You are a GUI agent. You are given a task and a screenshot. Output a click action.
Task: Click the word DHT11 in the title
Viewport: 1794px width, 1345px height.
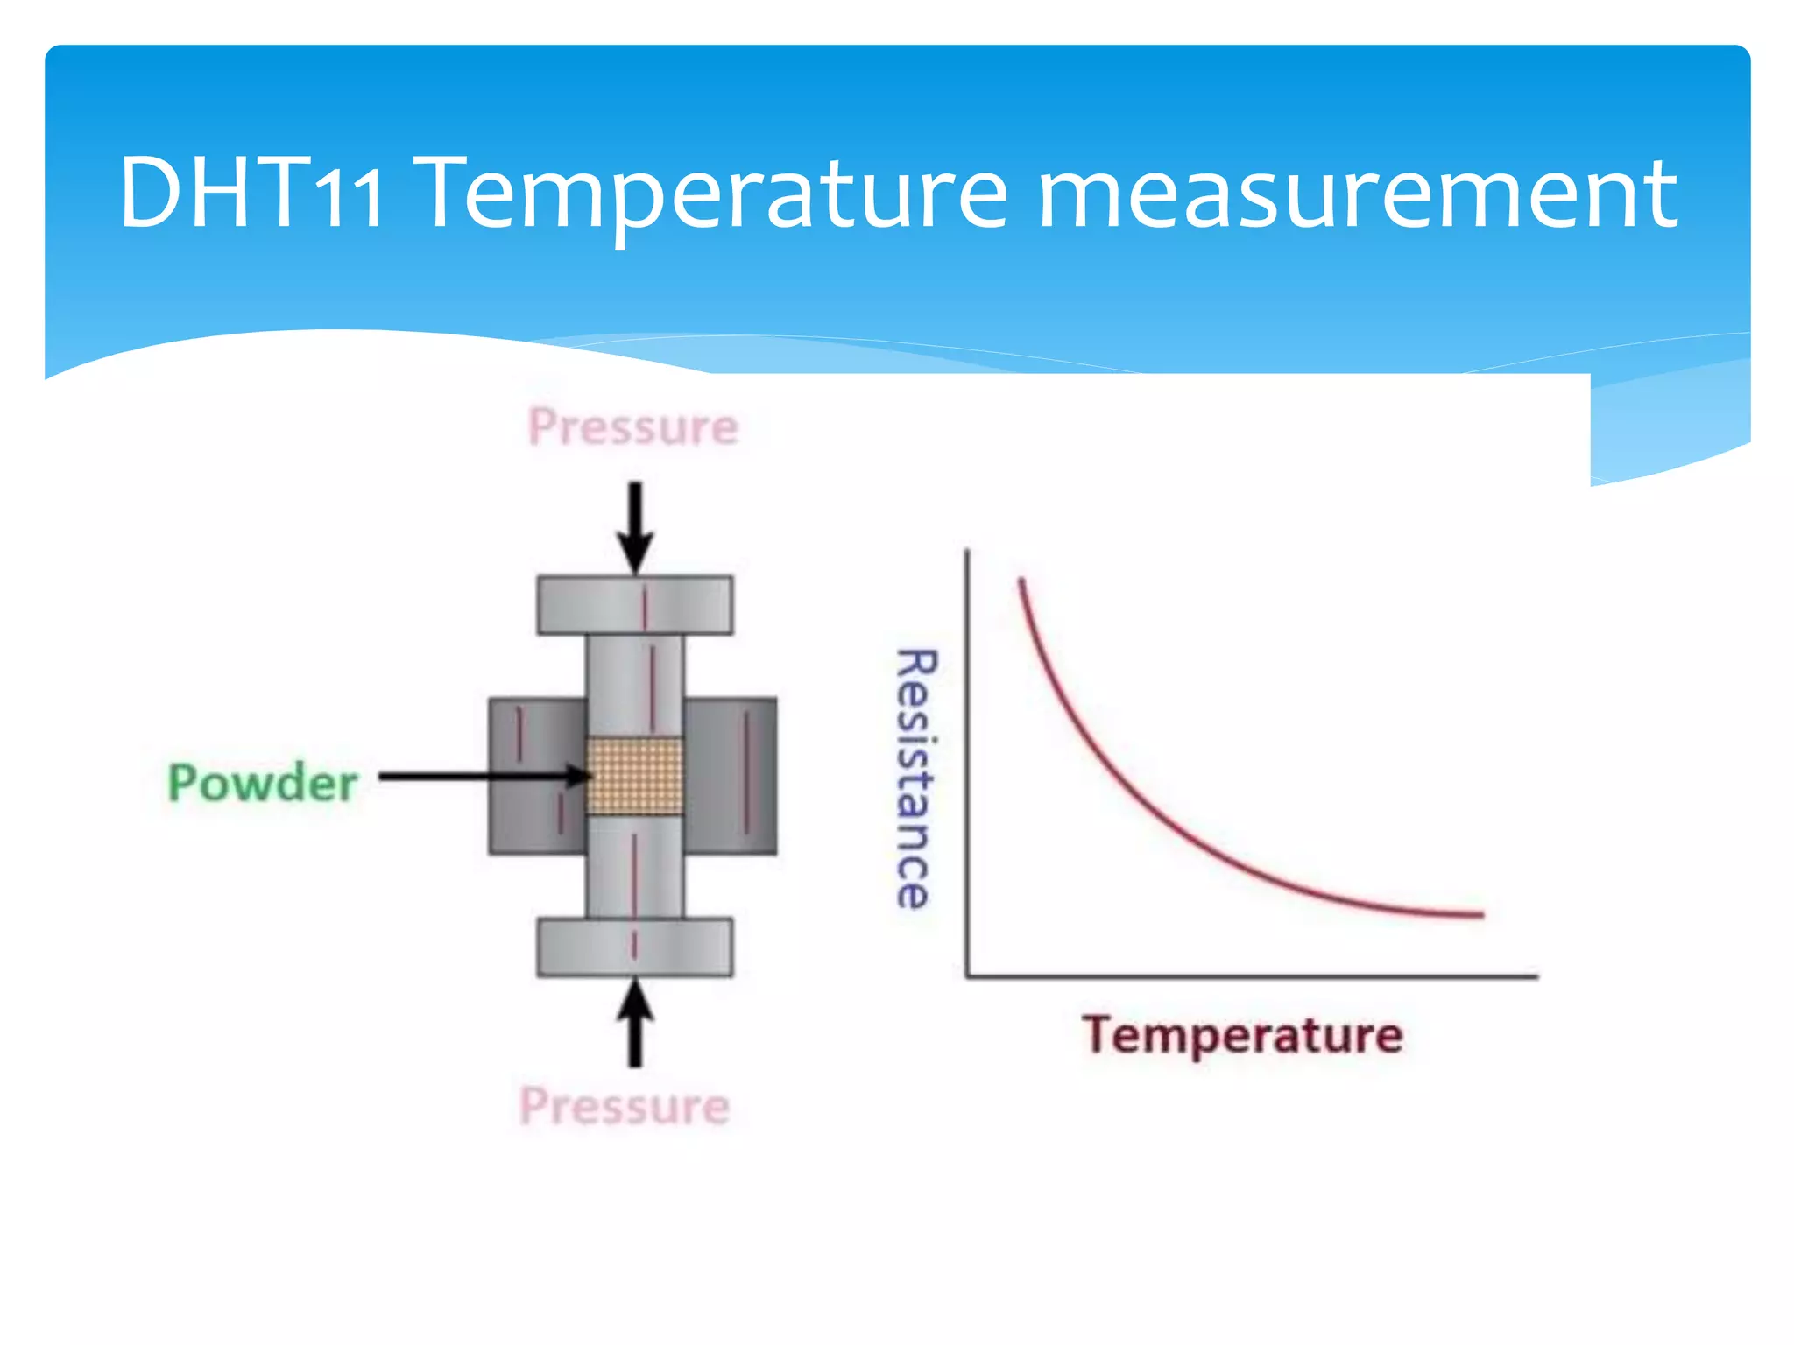(251, 193)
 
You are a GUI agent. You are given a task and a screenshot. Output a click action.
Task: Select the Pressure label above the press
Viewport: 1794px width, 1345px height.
(633, 427)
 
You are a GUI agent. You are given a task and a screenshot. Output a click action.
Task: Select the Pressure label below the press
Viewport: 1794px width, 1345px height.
(625, 1106)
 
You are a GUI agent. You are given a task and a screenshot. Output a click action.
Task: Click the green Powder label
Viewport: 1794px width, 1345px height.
(263, 782)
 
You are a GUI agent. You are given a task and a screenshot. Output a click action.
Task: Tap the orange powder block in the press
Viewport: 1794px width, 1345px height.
(635, 776)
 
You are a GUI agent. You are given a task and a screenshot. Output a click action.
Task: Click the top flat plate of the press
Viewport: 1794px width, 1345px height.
(635, 604)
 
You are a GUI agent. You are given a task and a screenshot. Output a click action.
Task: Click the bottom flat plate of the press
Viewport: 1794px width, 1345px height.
(635, 947)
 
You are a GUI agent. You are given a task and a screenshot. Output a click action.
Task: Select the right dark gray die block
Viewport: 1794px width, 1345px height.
(731, 776)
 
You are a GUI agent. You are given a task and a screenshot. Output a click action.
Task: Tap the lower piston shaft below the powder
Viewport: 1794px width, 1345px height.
(635, 867)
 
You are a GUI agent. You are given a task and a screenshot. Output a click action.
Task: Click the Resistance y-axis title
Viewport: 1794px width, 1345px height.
(916, 778)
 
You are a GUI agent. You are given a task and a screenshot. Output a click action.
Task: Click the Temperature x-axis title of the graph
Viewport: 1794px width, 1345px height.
(1242, 1035)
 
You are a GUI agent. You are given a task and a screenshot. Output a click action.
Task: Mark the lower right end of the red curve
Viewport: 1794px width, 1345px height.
(1481, 914)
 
